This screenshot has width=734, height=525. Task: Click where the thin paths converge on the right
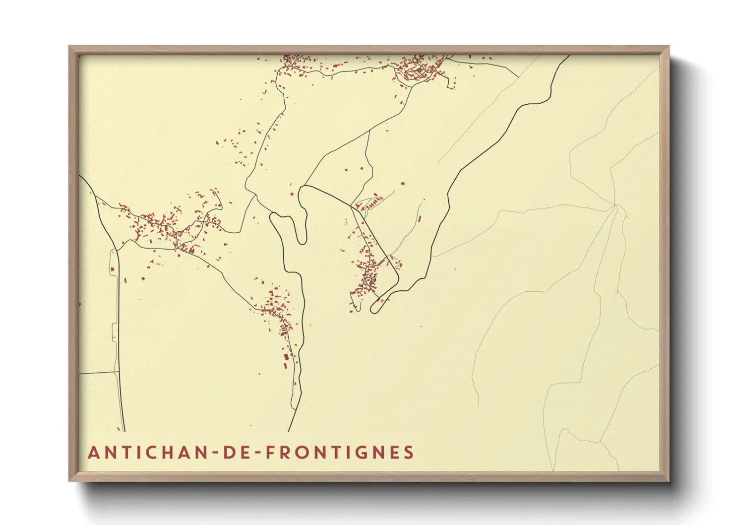[x=615, y=204]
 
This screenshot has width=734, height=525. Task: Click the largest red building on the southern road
[x=286, y=359]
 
